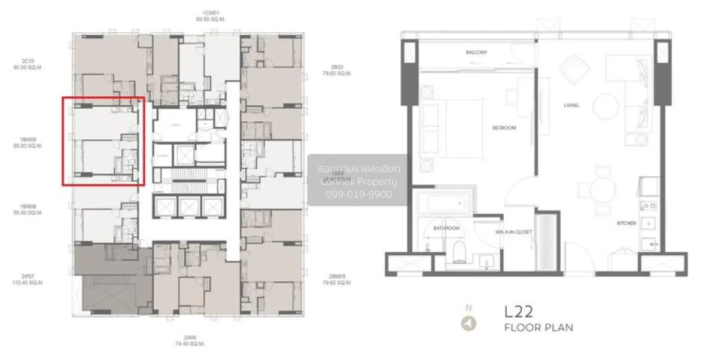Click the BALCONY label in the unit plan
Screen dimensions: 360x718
click(476, 53)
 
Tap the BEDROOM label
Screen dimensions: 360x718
click(504, 128)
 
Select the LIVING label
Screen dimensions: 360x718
click(571, 105)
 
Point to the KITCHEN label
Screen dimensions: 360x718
click(626, 223)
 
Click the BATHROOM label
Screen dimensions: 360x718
click(446, 228)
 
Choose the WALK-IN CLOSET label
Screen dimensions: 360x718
click(510, 232)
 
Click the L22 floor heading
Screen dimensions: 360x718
click(518, 312)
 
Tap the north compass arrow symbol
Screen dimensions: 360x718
click(469, 324)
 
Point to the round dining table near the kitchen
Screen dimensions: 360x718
click(603, 190)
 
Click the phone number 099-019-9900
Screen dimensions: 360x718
click(358, 194)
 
